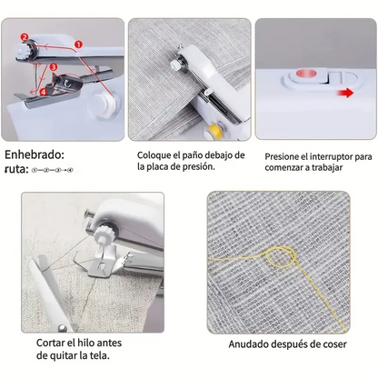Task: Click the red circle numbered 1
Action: tap(78, 44)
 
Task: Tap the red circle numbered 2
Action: tap(25, 37)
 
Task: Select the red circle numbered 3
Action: tap(55, 66)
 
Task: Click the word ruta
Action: tap(15, 168)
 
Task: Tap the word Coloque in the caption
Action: tap(157, 155)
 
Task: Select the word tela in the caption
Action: tap(103, 356)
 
